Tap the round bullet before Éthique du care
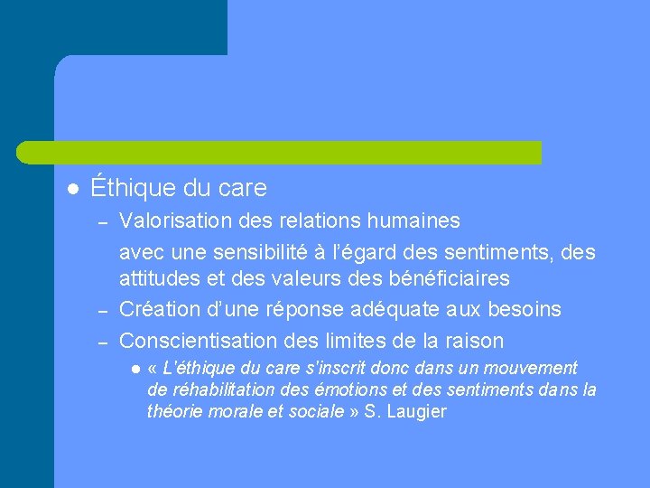point(72,189)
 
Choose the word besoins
point(525,309)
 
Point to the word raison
point(475,341)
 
